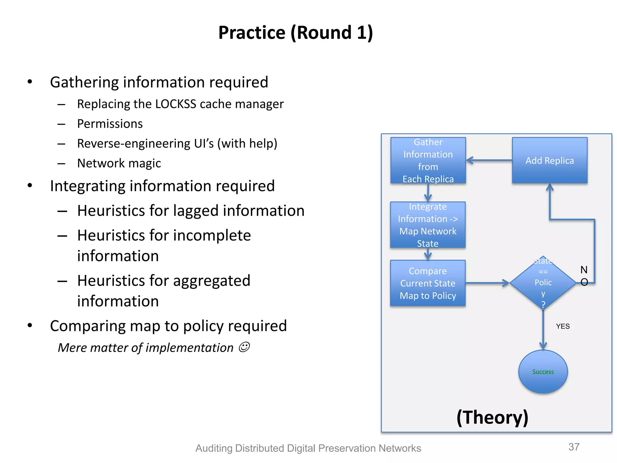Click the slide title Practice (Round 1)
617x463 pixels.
[x=296, y=33]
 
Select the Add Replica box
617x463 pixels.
[x=550, y=160]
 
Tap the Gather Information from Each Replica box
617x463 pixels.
[x=428, y=160]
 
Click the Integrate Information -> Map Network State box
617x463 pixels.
[x=428, y=225]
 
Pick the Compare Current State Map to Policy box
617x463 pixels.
[x=428, y=283]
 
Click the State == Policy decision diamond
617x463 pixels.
[x=543, y=283]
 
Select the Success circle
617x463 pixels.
[x=543, y=372]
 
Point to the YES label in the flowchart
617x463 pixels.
[x=562, y=326]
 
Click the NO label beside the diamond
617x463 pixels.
[x=584, y=276]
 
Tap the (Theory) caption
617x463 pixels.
[x=492, y=417]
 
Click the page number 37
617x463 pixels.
[x=574, y=447]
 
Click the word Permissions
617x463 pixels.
[x=110, y=124]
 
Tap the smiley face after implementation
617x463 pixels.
[x=244, y=347]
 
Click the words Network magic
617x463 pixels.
[x=119, y=163]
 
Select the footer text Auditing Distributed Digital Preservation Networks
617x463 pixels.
[x=308, y=448]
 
